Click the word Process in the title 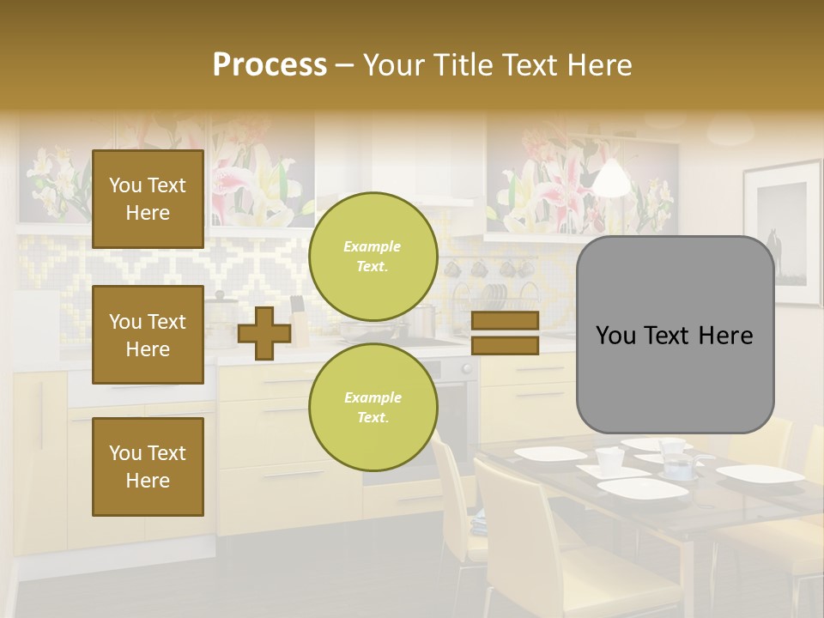(270, 65)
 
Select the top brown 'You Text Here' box (148, 199)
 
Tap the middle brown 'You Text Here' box (148, 335)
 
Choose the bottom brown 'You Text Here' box (148, 467)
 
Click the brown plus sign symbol (264, 333)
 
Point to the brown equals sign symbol (505, 333)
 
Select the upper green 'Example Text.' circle (373, 256)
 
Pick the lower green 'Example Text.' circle (373, 407)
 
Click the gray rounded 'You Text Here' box (675, 335)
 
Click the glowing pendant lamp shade (609, 179)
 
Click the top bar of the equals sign (505, 320)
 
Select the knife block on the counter (299, 322)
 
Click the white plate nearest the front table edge (642, 488)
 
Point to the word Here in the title (598, 65)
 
